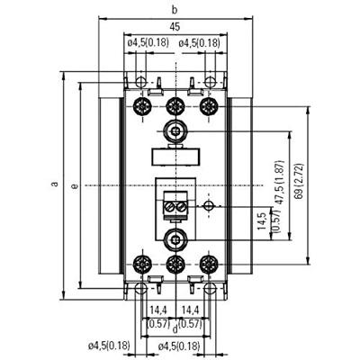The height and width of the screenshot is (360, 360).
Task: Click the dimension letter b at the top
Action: tap(175, 9)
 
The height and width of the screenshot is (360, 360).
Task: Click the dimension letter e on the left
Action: tap(74, 185)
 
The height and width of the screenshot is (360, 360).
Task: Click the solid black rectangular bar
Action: tap(175, 154)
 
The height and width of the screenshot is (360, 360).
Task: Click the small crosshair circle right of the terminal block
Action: tap(209, 206)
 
